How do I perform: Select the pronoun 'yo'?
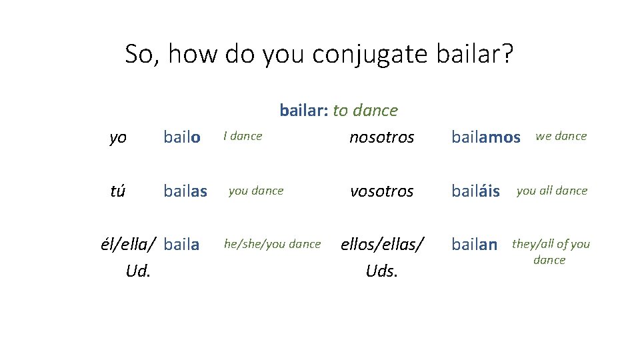coord(117,137)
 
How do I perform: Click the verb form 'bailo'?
coord(182,137)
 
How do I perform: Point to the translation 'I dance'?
coord(243,136)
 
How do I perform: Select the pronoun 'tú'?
coord(118,191)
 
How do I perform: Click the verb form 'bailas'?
coord(185,191)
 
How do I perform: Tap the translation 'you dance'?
coord(256,191)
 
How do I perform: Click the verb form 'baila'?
coord(181,245)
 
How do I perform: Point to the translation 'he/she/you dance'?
coord(272,244)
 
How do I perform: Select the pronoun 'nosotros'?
coord(382,137)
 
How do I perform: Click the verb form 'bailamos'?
coord(485,137)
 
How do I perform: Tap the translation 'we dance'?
coord(561,136)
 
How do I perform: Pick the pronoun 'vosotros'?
coord(382,191)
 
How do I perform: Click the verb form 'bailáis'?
coord(475,191)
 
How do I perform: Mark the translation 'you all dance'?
coord(552,191)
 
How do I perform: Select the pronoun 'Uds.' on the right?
coord(382,272)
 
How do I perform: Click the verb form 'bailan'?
coord(474,245)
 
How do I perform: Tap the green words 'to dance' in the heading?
coord(365,110)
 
